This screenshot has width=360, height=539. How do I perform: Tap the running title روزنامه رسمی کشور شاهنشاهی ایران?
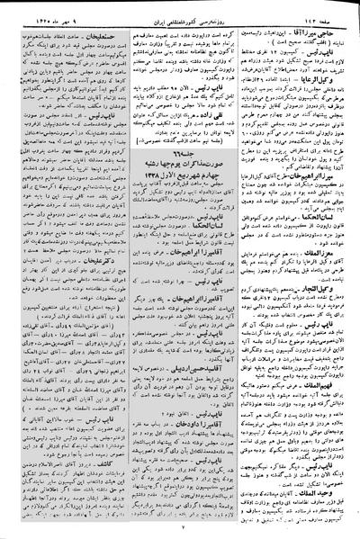(180, 8)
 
